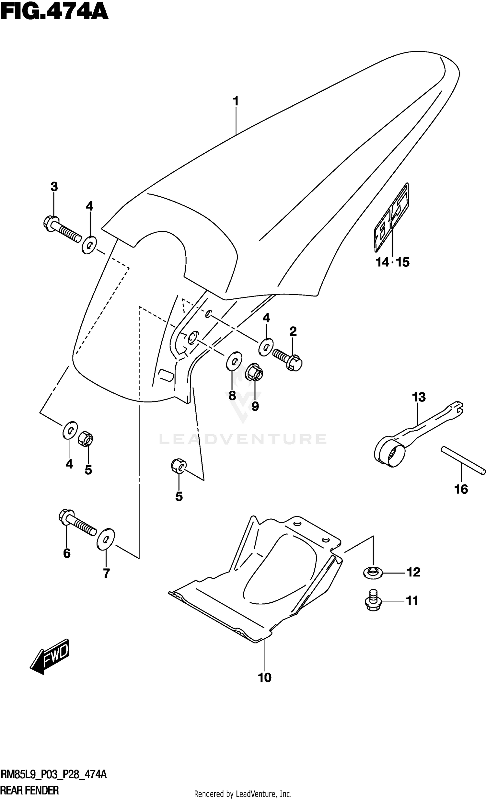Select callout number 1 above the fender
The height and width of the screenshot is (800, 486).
point(236,101)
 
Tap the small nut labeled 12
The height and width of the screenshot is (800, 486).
point(373,573)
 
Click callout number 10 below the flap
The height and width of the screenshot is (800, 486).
point(265,678)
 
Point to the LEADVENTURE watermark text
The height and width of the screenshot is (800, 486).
point(242,439)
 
